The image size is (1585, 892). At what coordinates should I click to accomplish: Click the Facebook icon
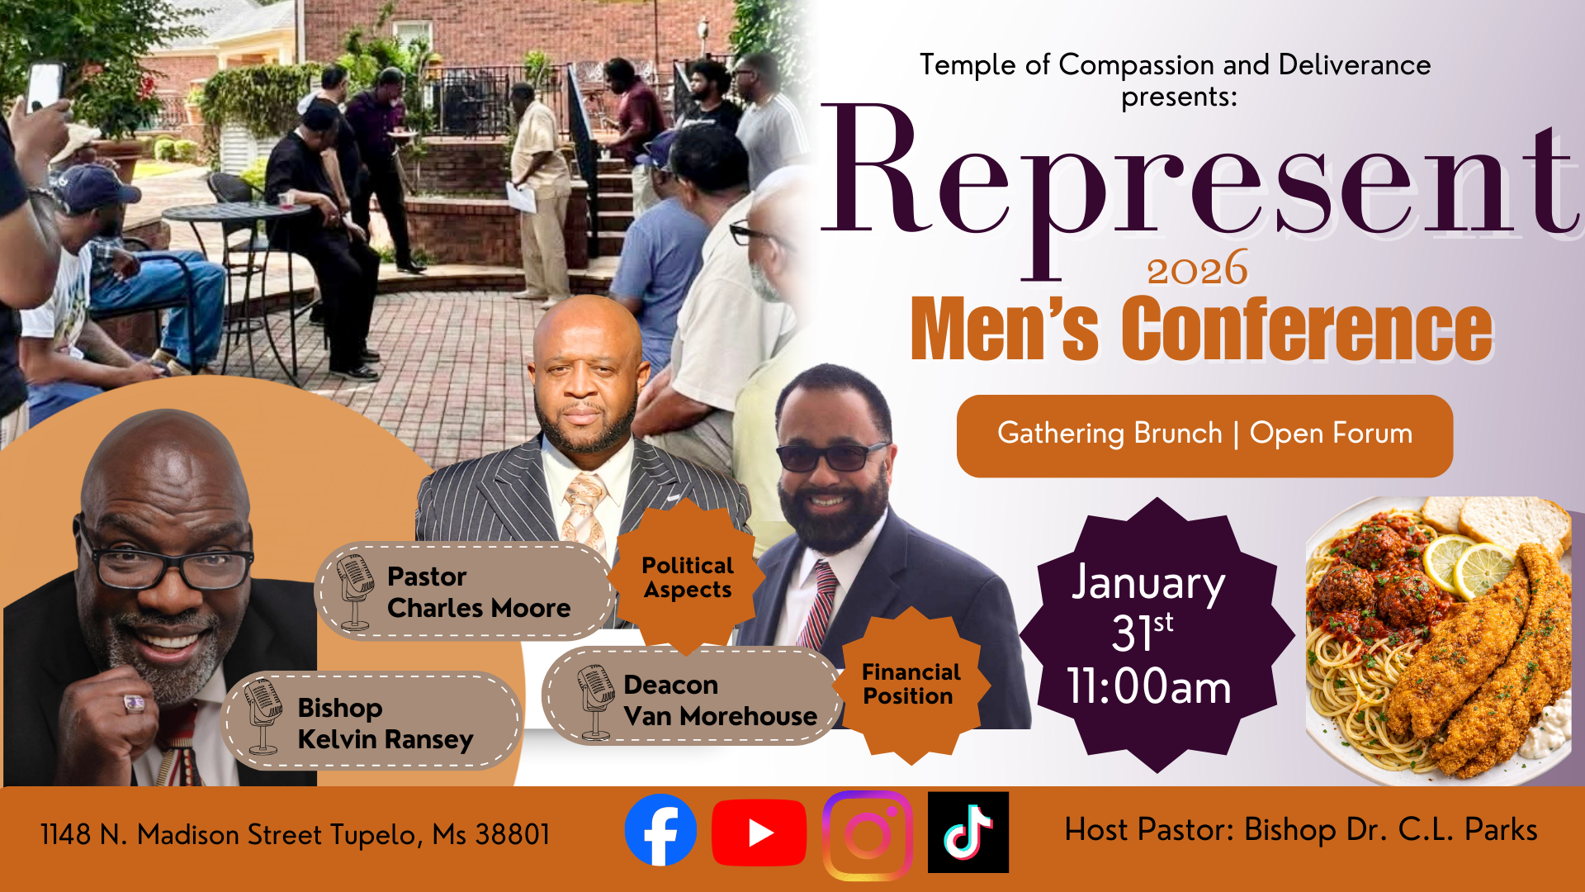660,830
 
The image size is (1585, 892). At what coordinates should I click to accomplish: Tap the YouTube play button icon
759,833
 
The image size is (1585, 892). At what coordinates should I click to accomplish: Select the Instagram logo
867,835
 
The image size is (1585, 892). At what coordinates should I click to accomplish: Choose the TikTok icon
968,833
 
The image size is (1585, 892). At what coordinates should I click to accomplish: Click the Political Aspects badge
687,577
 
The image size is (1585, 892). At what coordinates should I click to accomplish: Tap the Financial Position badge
910,685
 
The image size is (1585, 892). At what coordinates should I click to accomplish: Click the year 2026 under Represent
1197,269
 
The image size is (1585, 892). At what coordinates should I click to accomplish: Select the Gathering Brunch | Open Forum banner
1204,435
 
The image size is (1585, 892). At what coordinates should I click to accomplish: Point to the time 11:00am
1149,687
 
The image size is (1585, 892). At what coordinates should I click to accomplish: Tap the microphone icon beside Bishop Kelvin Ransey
263,716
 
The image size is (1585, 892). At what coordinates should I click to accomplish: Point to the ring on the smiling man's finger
134,704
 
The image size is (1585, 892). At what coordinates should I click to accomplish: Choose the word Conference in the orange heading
1307,330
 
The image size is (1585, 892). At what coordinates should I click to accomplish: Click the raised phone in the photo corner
45,86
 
